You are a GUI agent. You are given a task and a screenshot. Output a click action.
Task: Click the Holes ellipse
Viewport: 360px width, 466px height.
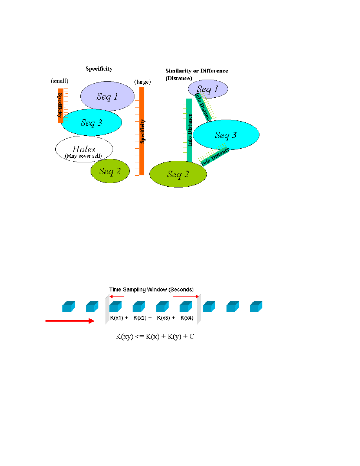[84, 149]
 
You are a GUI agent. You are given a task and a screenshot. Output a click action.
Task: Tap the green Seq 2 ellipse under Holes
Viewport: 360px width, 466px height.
[110, 171]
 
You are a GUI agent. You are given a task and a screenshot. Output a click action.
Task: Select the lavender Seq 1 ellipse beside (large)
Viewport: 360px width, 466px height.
[107, 96]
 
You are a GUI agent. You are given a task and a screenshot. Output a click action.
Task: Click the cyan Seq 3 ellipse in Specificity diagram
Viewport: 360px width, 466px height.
[91, 122]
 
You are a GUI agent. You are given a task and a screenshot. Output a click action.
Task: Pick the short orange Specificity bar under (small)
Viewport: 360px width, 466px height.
[60, 106]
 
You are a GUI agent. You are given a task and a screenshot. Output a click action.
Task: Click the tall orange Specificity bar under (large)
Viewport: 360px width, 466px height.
[142, 131]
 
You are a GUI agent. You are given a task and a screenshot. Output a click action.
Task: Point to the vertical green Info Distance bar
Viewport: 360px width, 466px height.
[189, 130]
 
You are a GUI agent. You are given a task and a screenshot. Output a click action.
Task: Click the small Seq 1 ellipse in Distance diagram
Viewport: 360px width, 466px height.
[208, 89]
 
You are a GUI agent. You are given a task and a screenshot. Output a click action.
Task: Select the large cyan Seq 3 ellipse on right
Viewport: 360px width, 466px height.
[226, 135]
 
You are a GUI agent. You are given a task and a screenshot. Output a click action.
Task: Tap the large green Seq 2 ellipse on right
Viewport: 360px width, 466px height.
[178, 174]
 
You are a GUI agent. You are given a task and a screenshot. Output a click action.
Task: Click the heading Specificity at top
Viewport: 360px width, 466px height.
[99, 69]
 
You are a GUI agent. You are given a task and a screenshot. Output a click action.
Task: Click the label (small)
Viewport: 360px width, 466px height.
[59, 81]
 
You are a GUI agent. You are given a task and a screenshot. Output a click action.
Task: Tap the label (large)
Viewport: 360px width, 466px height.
[143, 82]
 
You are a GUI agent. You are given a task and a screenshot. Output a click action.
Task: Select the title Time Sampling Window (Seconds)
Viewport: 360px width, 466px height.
[151, 289]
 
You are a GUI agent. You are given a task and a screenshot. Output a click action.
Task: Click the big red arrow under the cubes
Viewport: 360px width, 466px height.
[70, 321]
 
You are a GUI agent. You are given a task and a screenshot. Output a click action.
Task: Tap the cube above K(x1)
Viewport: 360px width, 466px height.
[116, 306]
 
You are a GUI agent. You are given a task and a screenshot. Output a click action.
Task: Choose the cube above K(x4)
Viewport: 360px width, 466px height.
[186, 306]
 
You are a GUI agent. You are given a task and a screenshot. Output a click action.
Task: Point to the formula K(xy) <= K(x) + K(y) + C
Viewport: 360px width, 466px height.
[155, 337]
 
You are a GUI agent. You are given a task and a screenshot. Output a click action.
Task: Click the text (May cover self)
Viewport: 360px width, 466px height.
[83, 156]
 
